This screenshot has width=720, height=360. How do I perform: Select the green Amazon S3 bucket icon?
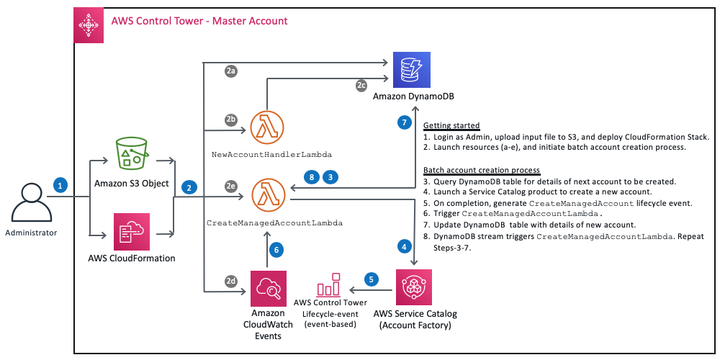pos(132,153)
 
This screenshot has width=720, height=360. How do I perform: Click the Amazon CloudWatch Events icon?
pos(267,289)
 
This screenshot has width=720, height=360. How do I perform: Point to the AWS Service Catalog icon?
pos(414,287)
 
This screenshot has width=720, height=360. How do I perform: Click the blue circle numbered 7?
pos(405,122)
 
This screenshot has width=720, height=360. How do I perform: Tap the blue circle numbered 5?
pos(371,279)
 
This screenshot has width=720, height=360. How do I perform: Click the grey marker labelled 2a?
pos(231,71)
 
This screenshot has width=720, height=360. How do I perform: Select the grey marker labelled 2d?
pos(231,280)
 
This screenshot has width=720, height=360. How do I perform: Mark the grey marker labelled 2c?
pos(361,85)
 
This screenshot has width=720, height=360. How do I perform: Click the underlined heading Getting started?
pos(451,125)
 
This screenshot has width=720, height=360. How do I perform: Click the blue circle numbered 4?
pos(405,246)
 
